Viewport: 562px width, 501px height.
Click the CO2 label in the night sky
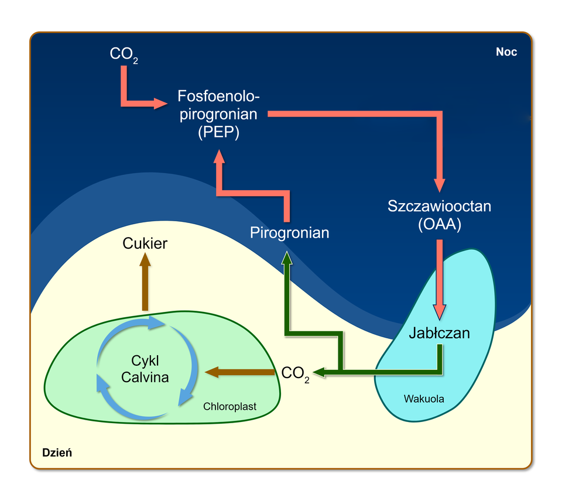[124, 54]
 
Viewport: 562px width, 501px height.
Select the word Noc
[506, 52]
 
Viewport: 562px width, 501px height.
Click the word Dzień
[57, 452]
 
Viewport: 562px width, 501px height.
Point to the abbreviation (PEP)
[218, 132]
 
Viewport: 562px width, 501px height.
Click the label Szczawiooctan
[440, 206]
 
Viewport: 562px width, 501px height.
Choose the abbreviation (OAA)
[440, 224]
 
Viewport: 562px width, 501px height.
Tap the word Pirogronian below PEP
[289, 233]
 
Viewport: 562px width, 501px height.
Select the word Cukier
[145, 243]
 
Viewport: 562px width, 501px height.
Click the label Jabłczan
[440, 333]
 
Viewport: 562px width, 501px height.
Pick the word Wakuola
[424, 399]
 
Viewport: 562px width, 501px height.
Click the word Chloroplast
[229, 406]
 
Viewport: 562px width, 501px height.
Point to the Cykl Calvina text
[145, 369]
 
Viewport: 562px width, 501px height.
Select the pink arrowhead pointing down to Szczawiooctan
[440, 184]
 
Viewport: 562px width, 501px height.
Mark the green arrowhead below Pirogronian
[287, 258]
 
